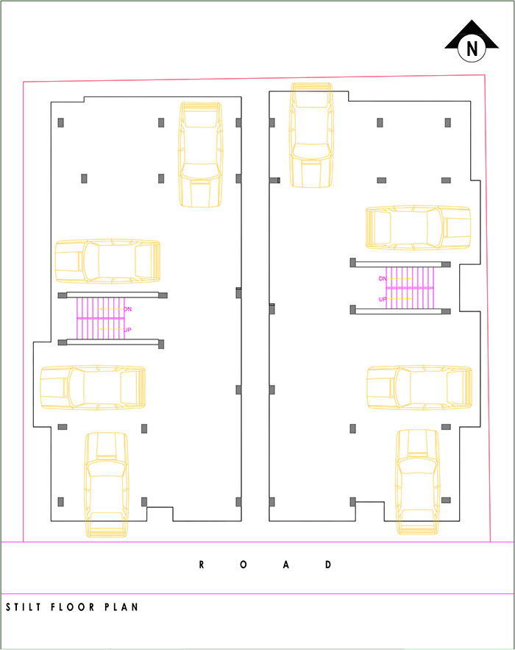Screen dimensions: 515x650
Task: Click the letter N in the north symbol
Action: click(x=472, y=49)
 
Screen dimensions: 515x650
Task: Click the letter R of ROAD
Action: click(x=202, y=565)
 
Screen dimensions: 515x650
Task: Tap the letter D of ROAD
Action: click(x=328, y=565)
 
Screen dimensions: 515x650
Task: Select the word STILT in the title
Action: click(x=24, y=607)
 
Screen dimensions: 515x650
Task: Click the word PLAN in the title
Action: click(x=121, y=607)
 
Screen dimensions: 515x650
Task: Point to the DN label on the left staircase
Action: click(x=127, y=309)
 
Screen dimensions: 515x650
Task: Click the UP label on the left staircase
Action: click(x=127, y=330)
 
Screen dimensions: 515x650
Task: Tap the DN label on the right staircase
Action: click(x=383, y=278)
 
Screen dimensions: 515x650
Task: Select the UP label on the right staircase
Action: click(x=383, y=300)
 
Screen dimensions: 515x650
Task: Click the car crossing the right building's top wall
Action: click(x=311, y=135)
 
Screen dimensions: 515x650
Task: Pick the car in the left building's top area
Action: click(x=201, y=155)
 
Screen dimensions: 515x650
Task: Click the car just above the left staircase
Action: click(x=107, y=261)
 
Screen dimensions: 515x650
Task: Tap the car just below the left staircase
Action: click(x=93, y=388)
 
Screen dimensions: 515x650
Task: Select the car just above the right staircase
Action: click(x=418, y=227)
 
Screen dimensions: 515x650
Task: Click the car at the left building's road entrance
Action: click(x=107, y=485)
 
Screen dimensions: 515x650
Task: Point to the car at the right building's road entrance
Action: click(x=418, y=482)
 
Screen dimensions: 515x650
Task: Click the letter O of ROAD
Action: click(x=244, y=565)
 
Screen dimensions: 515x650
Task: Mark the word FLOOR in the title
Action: click(x=73, y=607)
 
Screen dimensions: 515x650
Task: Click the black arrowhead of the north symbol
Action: click(x=472, y=34)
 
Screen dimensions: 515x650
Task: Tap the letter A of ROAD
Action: click(x=286, y=565)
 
